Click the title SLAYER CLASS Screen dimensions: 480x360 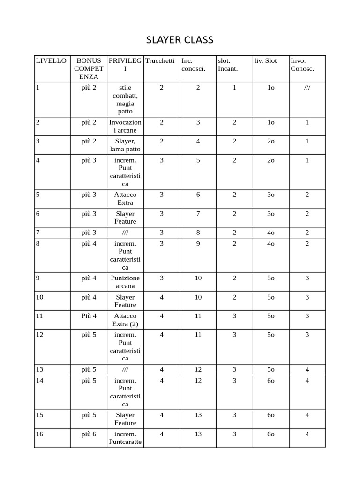coord(180,40)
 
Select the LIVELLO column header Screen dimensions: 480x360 coord(51,61)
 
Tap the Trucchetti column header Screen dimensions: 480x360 coord(160,61)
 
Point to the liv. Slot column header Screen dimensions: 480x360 coord(265,61)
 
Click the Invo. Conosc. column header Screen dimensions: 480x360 coord(302,65)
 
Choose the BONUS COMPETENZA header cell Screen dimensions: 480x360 coord(89,68)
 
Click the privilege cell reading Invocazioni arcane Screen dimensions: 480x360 coord(125,126)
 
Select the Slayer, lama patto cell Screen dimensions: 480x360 coord(125,145)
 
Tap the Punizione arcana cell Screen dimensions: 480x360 coord(125,282)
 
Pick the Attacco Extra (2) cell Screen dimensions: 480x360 coord(125,320)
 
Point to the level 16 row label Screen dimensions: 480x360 coord(40,434)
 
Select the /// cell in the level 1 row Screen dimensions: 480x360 coord(307,88)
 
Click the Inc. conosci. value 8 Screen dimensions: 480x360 coord(198,232)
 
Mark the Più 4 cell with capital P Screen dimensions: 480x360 coord(89,316)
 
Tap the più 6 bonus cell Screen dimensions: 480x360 coord(89,434)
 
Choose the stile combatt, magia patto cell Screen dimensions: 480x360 coord(125,99)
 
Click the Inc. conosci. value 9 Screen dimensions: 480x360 coord(198,244)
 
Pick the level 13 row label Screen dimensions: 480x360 coord(40,369)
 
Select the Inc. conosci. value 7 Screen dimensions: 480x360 coord(198,214)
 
